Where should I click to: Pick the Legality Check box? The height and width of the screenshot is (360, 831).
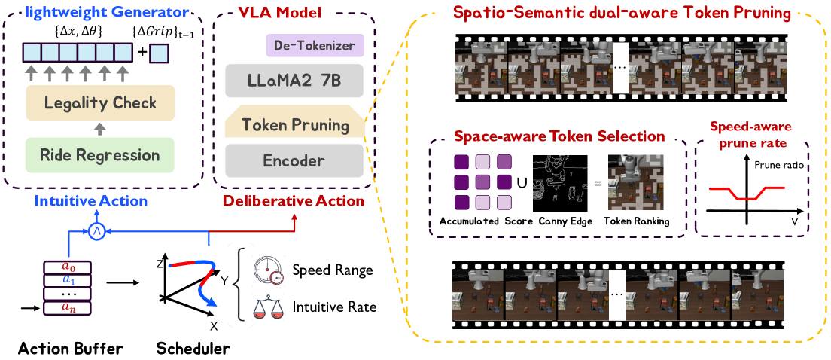[100, 102]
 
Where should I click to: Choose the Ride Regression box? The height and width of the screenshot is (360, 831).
[100, 156]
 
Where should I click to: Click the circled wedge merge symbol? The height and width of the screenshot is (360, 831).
[96, 232]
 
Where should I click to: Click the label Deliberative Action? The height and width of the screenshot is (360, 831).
[292, 201]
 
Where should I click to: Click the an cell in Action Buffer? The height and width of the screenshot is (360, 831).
[68, 307]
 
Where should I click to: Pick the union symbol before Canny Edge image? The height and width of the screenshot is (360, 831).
[522, 182]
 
